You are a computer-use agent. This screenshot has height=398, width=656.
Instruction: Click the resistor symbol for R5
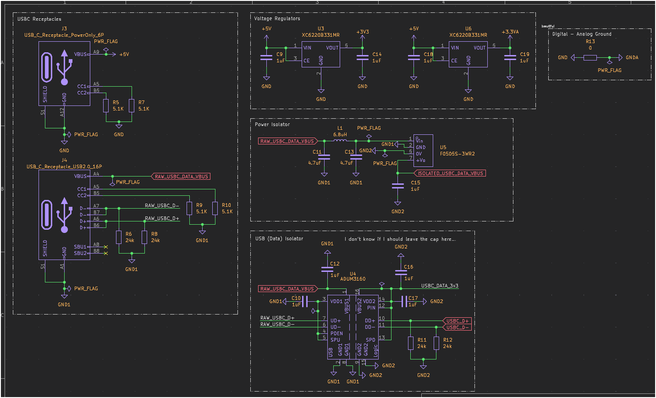click(x=106, y=105)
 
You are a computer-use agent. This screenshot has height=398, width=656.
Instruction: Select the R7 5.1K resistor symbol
click(x=132, y=105)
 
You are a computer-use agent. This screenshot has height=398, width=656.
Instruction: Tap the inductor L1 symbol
click(x=340, y=141)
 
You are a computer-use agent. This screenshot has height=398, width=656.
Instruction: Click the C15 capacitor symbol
click(x=398, y=186)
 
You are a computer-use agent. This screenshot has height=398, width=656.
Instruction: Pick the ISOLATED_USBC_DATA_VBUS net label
click(x=451, y=173)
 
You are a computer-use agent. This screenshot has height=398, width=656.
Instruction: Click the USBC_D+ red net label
click(x=458, y=321)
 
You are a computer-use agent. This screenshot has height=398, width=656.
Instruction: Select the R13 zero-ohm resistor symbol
click(x=590, y=58)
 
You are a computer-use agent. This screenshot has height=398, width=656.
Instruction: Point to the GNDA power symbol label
click(x=632, y=58)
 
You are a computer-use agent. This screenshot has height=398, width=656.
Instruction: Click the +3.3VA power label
click(x=510, y=32)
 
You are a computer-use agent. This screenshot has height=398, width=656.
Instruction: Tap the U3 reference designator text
click(x=321, y=29)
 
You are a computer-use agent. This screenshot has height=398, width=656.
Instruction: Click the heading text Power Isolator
click(x=272, y=124)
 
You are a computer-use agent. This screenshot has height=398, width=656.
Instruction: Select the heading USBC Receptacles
click(x=39, y=19)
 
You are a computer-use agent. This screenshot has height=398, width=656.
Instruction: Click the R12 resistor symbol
click(x=436, y=343)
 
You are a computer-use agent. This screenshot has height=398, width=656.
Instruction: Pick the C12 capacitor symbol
click(x=327, y=269)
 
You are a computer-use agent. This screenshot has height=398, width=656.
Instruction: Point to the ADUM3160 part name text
click(x=353, y=279)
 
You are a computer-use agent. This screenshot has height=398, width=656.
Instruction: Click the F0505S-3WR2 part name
click(x=457, y=154)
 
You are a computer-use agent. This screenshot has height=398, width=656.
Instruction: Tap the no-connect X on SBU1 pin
click(x=106, y=247)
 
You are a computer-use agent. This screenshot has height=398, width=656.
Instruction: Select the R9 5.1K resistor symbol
click(x=189, y=208)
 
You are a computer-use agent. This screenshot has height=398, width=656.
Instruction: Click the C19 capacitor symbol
click(x=510, y=58)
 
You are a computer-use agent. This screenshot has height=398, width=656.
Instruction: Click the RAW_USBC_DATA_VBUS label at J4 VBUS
click(x=182, y=177)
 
